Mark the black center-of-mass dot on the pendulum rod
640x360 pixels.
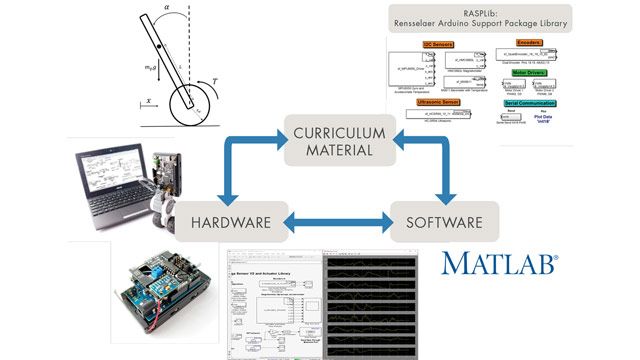pos(161,46)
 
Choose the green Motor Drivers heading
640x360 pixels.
pos(529,73)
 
